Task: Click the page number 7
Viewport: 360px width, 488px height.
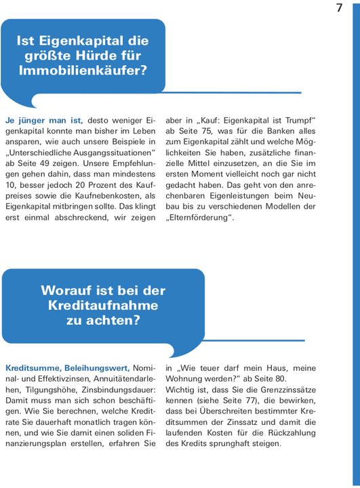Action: (x=339, y=7)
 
